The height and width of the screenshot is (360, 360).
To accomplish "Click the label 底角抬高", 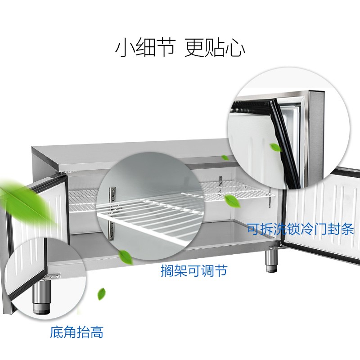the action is point(76,332).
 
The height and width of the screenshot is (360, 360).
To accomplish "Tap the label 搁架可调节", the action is point(194,270).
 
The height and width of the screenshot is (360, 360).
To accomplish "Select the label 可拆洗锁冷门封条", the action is point(300,229).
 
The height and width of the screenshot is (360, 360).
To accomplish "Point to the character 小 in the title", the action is point(125,48).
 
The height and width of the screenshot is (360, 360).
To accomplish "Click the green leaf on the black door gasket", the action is point(275,148).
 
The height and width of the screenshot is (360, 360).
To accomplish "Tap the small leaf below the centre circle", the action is point(126,257).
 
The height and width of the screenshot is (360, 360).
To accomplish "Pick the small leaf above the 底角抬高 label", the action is point(102,294).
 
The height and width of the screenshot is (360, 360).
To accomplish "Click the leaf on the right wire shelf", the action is point(232,201).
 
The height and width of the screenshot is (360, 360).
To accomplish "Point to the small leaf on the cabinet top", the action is point(225,158).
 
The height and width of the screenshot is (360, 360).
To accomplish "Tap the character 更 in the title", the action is point(194,48).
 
